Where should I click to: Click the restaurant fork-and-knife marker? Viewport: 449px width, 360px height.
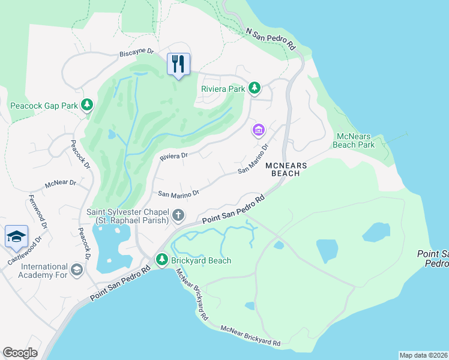(178, 64)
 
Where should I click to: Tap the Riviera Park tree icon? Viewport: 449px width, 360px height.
(255, 89)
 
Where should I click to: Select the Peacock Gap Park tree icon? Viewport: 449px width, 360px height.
(88, 106)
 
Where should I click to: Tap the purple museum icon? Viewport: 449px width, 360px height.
(259, 130)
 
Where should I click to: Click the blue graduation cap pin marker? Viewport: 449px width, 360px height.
(16, 236)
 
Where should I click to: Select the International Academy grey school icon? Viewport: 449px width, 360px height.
(77, 271)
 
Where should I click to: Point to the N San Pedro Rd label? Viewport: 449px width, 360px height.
(271, 38)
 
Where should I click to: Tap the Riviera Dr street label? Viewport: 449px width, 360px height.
(174, 156)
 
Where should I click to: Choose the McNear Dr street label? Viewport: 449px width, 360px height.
(61, 182)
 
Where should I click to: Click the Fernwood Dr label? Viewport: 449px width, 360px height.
(37, 211)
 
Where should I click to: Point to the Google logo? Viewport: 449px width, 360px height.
(20, 353)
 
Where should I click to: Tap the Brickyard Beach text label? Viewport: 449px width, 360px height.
(201, 260)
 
